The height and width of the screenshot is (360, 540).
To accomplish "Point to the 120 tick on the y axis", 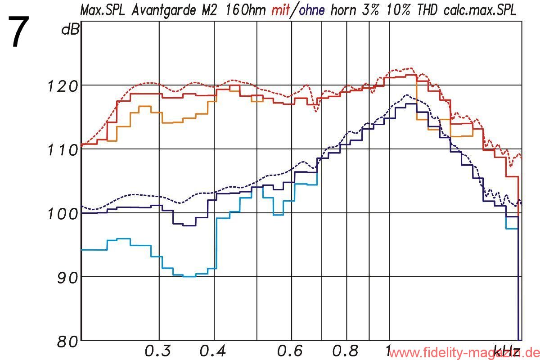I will (x=63, y=85).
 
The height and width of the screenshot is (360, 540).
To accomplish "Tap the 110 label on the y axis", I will (x=63, y=149).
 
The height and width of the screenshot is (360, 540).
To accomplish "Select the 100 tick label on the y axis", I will (x=63, y=213).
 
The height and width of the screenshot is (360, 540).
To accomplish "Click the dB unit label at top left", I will (x=70, y=31).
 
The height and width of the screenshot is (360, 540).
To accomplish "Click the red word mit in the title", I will (x=280, y=10).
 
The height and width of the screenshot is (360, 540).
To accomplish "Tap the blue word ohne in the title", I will (x=310, y=10).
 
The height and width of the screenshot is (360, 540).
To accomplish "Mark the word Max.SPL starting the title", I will (x=104, y=10).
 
